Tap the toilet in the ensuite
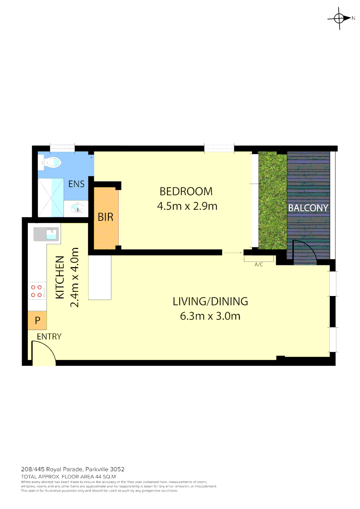52,163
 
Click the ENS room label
76,184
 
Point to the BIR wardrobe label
105,217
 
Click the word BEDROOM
186,191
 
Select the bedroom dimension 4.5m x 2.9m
186,206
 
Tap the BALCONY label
308,207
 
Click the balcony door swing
303,252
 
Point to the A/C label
259,265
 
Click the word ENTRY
49,337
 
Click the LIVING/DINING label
210,301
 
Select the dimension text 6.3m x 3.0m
210,316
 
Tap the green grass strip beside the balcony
272,200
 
